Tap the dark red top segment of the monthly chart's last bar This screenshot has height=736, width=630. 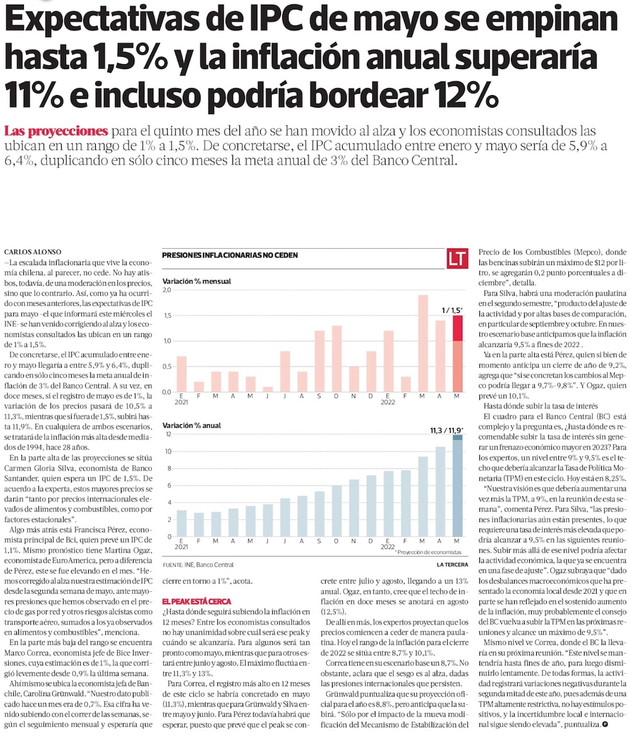(x=458, y=327)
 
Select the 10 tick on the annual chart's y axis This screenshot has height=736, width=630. (x=168, y=451)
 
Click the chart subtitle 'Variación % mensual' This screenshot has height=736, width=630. (x=196, y=281)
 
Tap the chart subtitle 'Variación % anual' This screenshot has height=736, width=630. (x=192, y=426)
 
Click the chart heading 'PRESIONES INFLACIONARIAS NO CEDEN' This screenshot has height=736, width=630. (x=230, y=256)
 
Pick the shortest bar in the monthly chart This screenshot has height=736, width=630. (x=268, y=388)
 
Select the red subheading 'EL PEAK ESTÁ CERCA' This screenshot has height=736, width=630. (x=196, y=602)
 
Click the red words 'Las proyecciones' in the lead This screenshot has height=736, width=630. (x=55, y=132)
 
